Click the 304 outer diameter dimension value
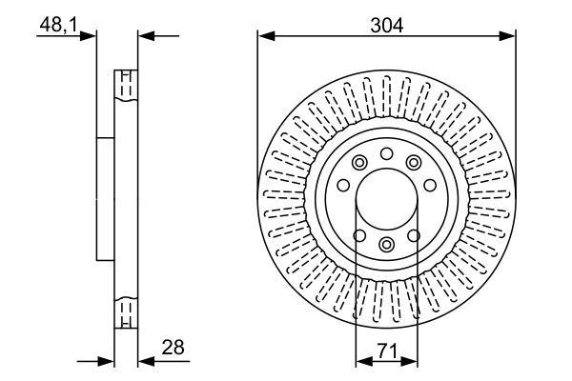[x=386, y=26]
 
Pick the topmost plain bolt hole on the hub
[x=386, y=154]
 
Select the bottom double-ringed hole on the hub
[x=386, y=246]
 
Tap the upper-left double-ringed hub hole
[x=358, y=163]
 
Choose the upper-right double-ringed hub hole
[x=414, y=163]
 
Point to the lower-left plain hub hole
[x=358, y=236]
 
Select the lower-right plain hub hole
[x=414, y=236]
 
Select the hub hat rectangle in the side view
[x=106, y=198]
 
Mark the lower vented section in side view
[x=125, y=312]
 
